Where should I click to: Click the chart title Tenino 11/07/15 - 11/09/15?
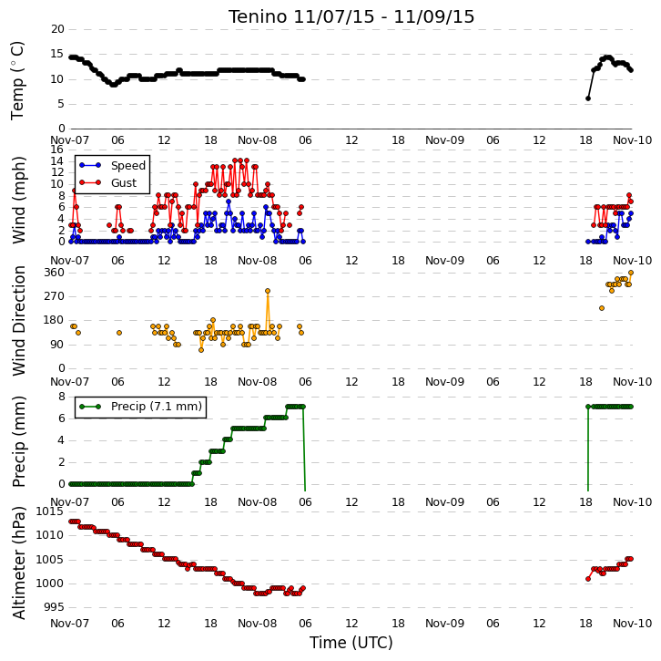pyautogui.click(x=351, y=17)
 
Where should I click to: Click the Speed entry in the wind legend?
pyautogui.click(x=113, y=165)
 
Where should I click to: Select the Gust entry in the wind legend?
pyautogui.click(x=108, y=182)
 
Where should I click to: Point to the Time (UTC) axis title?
pyautogui.click(x=351, y=643)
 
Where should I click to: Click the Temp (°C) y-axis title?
pyautogui.click(x=17, y=80)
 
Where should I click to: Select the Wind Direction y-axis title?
pyautogui.click(x=18, y=321)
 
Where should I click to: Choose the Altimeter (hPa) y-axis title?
pyautogui.click(x=18, y=563)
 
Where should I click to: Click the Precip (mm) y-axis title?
pyautogui.click(x=18, y=441)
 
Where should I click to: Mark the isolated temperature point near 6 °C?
pyautogui.click(x=588, y=98)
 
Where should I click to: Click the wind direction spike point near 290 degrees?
pyautogui.click(x=268, y=291)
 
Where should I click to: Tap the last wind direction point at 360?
pyautogui.click(x=631, y=273)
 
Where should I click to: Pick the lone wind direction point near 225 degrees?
pyautogui.click(x=602, y=308)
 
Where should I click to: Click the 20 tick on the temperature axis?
pyautogui.click(x=57, y=29)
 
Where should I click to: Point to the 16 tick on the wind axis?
pyautogui.click(x=57, y=150)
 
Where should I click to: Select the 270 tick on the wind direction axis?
pyautogui.click(x=55, y=296)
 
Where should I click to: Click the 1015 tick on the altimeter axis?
pyautogui.click(x=51, y=511)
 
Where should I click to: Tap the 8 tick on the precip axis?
pyautogui.click(x=62, y=397)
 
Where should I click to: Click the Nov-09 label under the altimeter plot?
pyautogui.click(x=444, y=624)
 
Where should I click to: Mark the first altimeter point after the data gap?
pyautogui.click(x=588, y=579)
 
